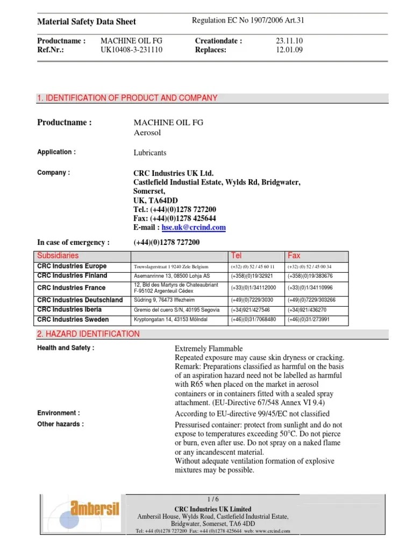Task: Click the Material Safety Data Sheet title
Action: pyautogui.click(x=86, y=22)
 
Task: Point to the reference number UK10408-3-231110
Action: pyautogui.click(x=132, y=50)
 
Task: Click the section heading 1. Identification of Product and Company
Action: pyautogui.click(x=127, y=98)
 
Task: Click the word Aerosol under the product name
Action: pyautogui.click(x=147, y=132)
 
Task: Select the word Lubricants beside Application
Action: pyautogui.click(x=150, y=153)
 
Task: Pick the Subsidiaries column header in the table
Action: pyautogui.click(x=58, y=255)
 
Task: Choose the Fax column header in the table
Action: pyautogui.click(x=294, y=255)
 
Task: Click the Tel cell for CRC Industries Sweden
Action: pyautogui.click(x=253, y=320)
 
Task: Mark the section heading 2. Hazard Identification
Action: pyautogui.click(x=88, y=334)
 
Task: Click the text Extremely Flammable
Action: pyautogui.click(x=209, y=349)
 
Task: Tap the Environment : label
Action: pyautogui.click(x=59, y=413)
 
